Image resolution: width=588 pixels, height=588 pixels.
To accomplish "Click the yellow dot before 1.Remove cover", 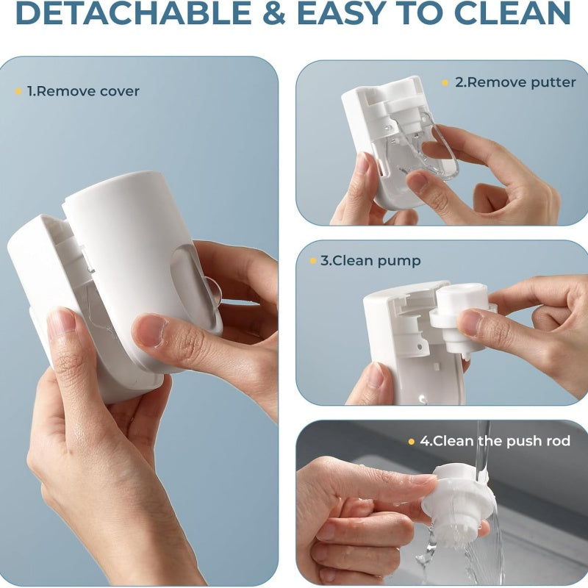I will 18,92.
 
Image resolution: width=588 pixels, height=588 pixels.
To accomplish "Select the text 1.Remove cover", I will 83,92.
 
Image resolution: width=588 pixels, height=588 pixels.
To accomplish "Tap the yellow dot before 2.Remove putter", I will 445,82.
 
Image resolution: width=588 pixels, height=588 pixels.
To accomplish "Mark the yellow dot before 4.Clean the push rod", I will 412,442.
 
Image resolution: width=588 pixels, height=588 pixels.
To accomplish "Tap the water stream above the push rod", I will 481,441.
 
